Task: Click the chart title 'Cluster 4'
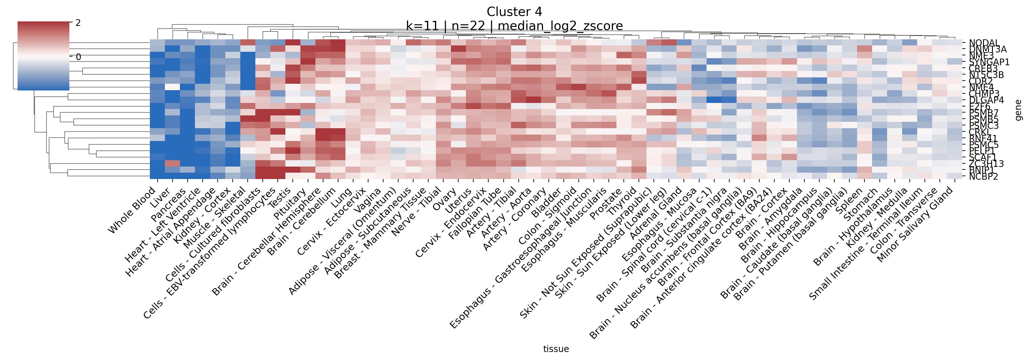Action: pyautogui.click(x=514, y=12)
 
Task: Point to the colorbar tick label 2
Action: pyautogui.click(x=78, y=23)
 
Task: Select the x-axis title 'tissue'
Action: pyautogui.click(x=556, y=349)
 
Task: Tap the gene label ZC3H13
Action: pyautogui.click(x=986, y=163)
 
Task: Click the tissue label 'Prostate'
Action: pyautogui.click(x=607, y=204)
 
